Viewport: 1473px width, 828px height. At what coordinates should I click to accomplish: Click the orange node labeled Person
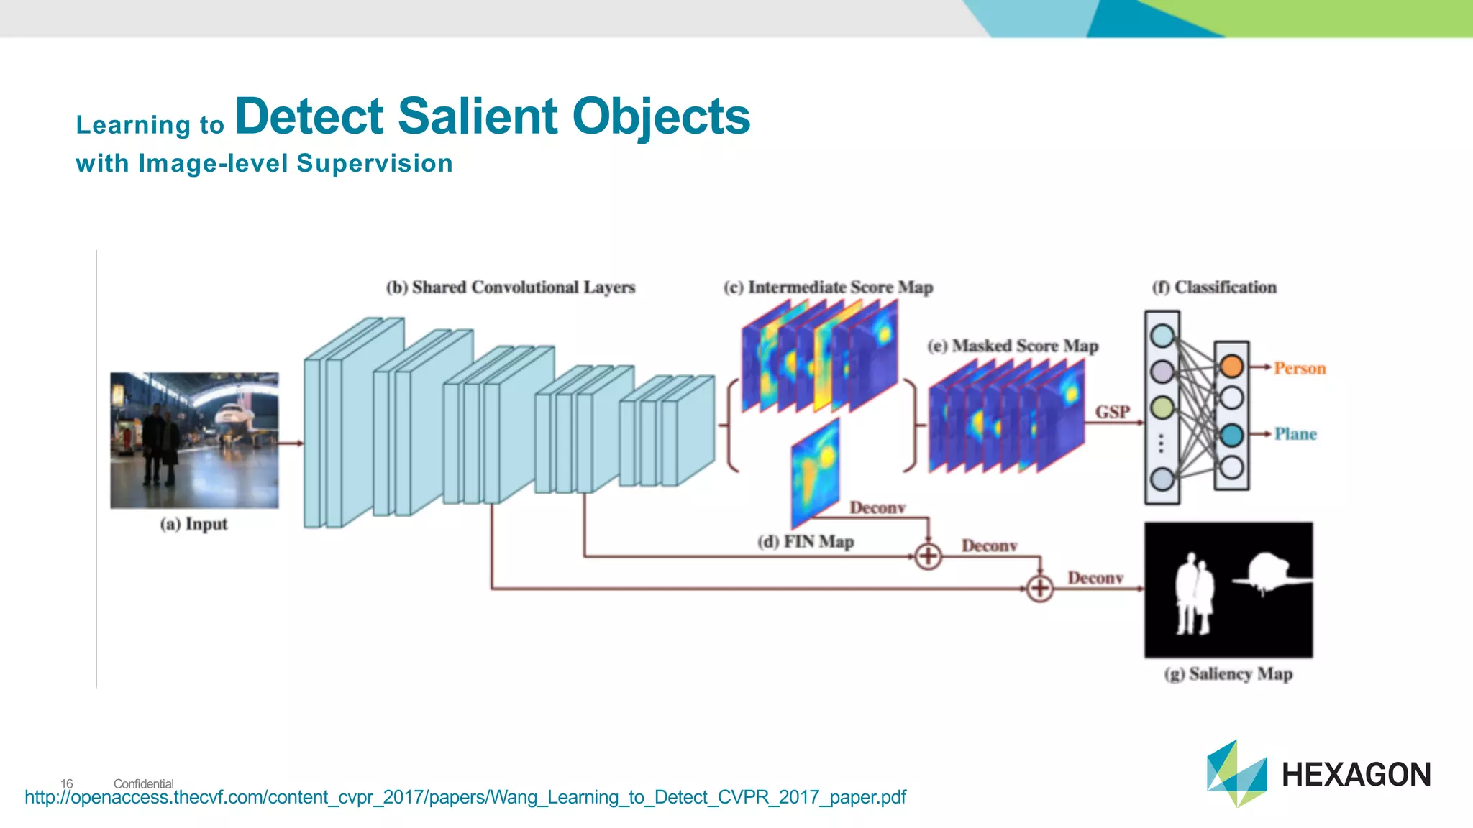coord(1231,367)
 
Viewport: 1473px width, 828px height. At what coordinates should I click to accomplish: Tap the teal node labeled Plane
coord(1231,435)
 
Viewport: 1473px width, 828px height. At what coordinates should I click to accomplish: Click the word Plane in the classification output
coord(1295,434)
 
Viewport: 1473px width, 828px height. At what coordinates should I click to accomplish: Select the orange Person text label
coord(1299,369)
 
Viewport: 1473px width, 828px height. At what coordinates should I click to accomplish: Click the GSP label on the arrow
coord(1112,412)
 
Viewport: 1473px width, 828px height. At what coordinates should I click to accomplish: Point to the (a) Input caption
coord(193,524)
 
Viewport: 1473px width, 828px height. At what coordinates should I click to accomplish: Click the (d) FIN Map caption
coord(806,541)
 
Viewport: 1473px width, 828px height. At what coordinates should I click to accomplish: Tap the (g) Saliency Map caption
coord(1228,674)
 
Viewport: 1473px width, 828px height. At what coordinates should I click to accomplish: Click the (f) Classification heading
coord(1214,287)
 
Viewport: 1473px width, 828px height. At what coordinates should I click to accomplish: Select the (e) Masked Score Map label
coord(1013,346)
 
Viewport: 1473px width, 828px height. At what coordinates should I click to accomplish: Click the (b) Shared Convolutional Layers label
coord(511,287)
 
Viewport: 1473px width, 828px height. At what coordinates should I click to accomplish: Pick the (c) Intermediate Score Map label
coord(828,287)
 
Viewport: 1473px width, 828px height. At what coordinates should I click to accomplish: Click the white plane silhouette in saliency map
coord(1271,573)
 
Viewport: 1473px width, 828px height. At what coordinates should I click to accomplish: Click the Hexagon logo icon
coord(1236,773)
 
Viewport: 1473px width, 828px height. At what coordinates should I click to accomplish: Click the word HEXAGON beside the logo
coord(1356,775)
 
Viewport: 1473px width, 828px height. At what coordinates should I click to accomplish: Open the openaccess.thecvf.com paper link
coord(465,797)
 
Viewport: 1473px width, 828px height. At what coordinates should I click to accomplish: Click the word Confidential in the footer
coord(143,783)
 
